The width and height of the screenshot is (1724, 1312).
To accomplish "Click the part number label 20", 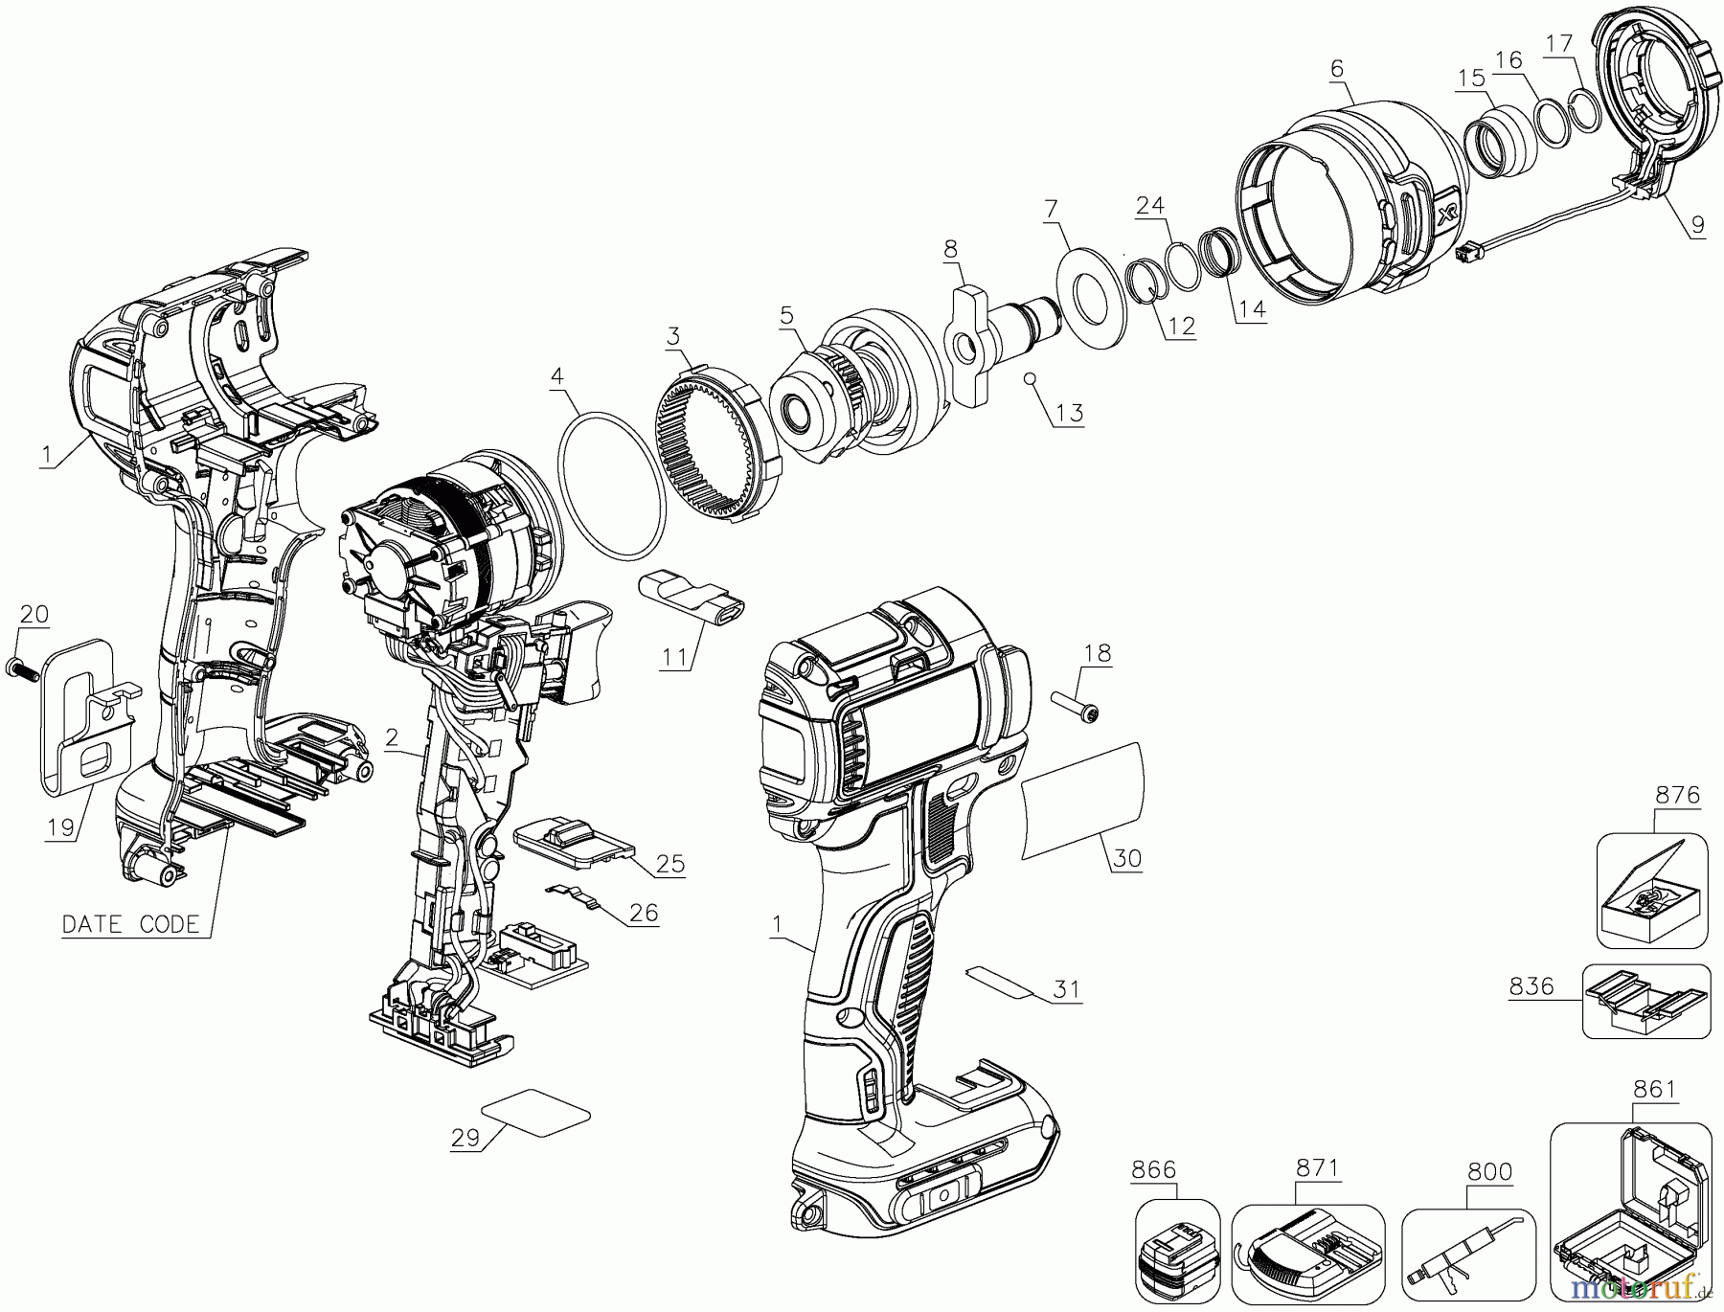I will (x=34, y=614).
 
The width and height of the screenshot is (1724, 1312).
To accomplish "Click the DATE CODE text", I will (x=131, y=924).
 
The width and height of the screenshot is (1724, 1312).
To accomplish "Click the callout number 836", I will (x=1531, y=985).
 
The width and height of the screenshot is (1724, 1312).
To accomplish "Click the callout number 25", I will (x=670, y=864).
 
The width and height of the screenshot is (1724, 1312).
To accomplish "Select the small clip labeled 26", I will (x=576, y=894).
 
